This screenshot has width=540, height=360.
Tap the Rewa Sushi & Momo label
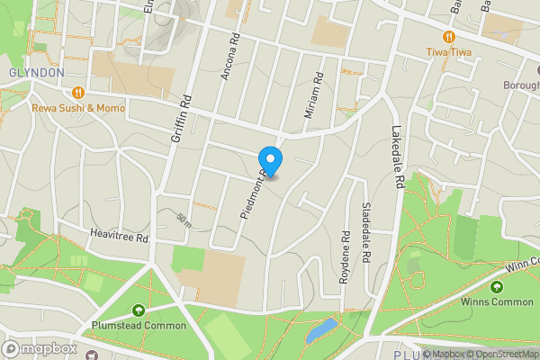(78, 107)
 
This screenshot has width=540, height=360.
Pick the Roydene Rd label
(344, 258)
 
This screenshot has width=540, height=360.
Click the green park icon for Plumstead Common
(138, 310)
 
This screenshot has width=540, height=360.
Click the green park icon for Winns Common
(496, 287)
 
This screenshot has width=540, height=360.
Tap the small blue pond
(320, 330)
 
